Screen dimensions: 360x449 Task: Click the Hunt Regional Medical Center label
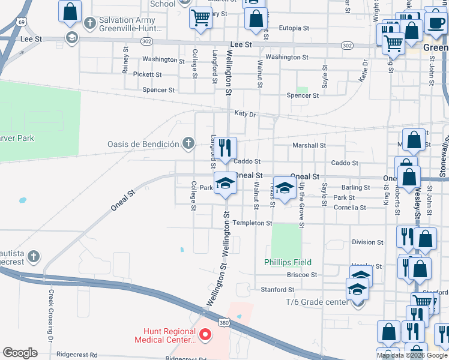click(169, 335)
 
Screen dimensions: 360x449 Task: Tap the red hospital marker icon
click(205, 334)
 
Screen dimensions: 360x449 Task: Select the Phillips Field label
click(288, 262)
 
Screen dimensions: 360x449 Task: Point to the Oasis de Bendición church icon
click(188, 143)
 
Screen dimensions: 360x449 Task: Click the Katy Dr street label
click(245, 113)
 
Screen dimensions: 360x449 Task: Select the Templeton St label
click(253, 223)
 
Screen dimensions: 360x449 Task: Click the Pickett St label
click(148, 74)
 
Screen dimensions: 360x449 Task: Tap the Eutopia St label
click(294, 28)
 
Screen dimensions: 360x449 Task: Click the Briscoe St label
click(302, 275)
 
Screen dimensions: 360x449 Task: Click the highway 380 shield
click(224, 322)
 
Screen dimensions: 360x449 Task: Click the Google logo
click(20, 352)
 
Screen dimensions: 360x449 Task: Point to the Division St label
click(367, 242)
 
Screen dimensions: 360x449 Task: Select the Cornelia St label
click(350, 207)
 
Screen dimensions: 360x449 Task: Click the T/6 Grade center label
click(317, 302)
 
